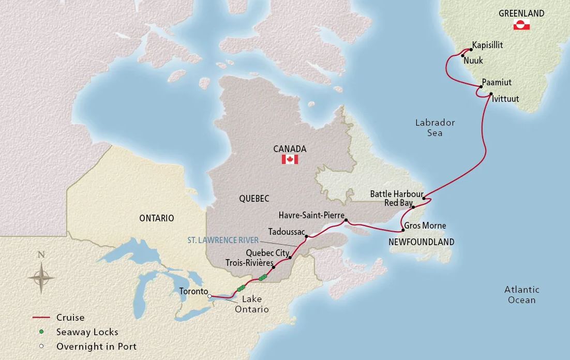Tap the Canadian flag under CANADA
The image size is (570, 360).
pyautogui.click(x=290, y=159)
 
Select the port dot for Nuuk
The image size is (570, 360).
pyautogui.click(x=462, y=55)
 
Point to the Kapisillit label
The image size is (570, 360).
pyautogui.click(x=487, y=46)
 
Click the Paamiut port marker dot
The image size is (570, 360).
pyautogui.click(x=481, y=86)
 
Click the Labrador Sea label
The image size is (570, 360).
pyautogui.click(x=435, y=128)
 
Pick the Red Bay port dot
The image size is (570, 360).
pyautogui.click(x=413, y=207)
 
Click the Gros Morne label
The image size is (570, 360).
pyautogui.click(x=425, y=226)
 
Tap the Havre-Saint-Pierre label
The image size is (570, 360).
pyautogui.click(x=310, y=215)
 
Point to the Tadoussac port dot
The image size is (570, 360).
pyautogui.click(x=306, y=237)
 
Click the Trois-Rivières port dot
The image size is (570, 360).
pyautogui.click(x=274, y=267)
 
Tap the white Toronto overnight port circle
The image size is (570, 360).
pyautogui.click(x=209, y=296)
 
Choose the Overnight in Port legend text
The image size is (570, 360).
pyautogui.click(x=97, y=347)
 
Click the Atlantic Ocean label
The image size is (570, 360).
pyautogui.click(x=521, y=295)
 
